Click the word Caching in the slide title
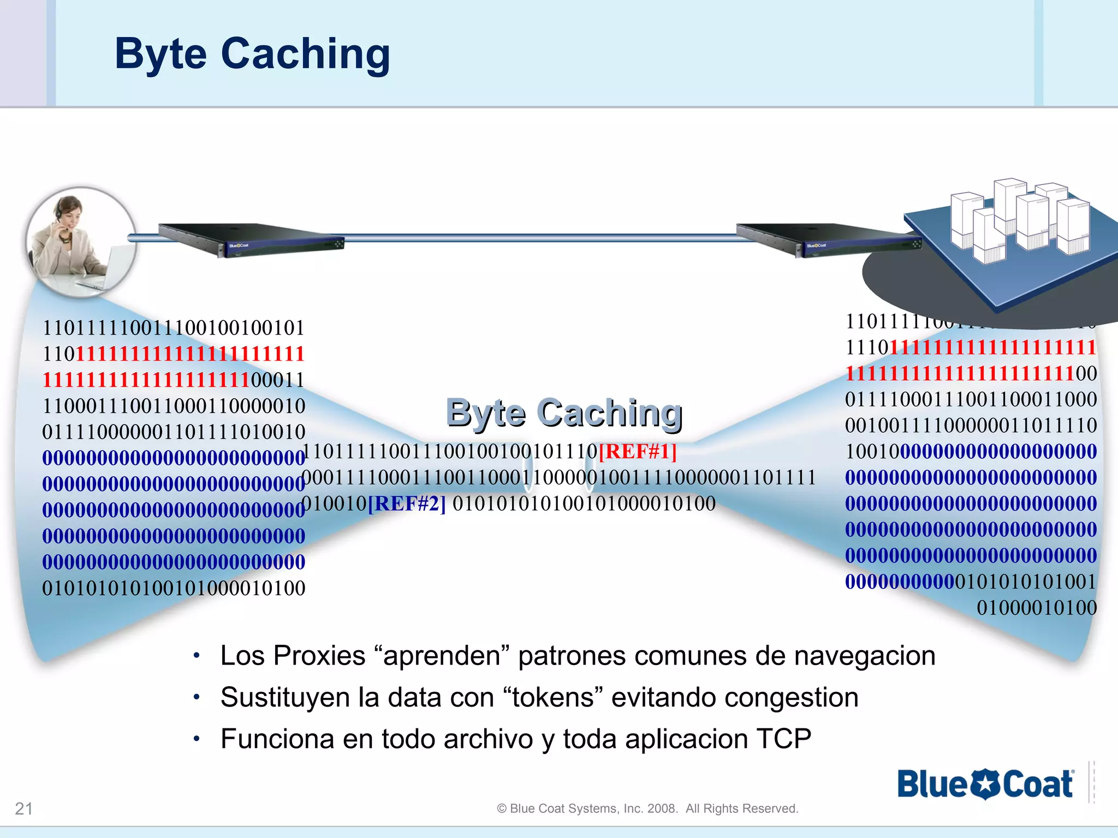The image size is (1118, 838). pos(305,55)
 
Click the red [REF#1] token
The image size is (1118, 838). pos(638,452)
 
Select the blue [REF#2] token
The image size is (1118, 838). pos(407,504)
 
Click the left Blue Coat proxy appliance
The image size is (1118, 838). pos(251,240)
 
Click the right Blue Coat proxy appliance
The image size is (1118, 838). pos(827,240)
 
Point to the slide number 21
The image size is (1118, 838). pos(24,808)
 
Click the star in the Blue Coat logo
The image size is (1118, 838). pos(986,784)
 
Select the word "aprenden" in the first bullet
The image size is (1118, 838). pos(441,656)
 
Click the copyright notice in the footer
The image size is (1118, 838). pos(647,809)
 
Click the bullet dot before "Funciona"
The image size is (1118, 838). pos(197,739)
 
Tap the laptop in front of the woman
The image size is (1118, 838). pos(109,267)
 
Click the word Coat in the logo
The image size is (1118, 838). pos(1037,785)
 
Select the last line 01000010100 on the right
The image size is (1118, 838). pos(1036,608)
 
